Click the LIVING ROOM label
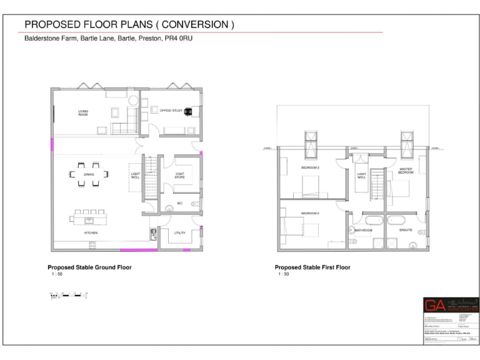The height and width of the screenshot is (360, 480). (x=83, y=113)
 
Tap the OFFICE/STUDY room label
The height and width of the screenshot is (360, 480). (x=171, y=111)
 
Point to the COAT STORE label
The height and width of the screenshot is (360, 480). (x=179, y=176)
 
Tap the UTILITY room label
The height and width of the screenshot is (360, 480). (x=179, y=232)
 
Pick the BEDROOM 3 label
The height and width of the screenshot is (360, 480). (x=311, y=168)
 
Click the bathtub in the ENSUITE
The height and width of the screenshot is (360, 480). (x=398, y=220)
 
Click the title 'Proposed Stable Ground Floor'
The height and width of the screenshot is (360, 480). (x=89, y=267)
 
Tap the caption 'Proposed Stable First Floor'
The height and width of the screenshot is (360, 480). (x=312, y=267)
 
